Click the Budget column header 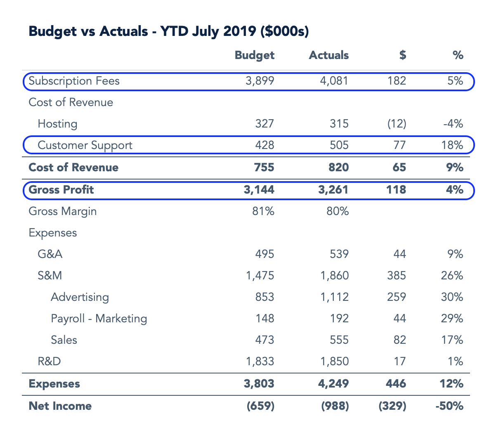click(254, 55)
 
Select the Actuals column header click(328, 55)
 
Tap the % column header click(458, 55)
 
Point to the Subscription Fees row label click(74, 81)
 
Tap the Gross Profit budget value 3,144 click(259, 190)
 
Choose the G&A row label click(50, 254)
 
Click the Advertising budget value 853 click(264, 297)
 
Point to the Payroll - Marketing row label click(99, 319)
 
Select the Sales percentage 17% click(454, 340)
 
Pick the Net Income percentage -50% click(449, 406)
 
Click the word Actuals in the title click(124, 31)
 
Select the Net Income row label click(60, 406)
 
